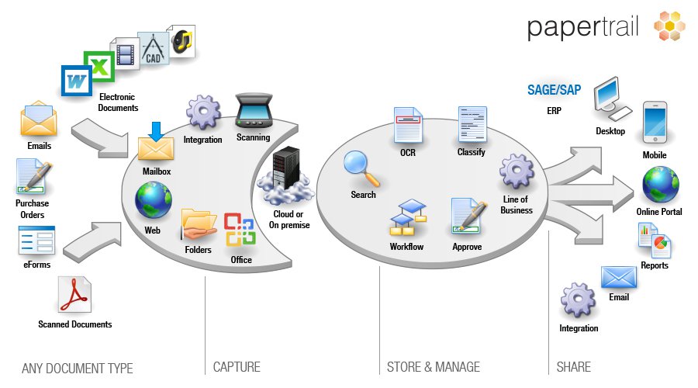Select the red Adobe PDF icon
click(74, 296)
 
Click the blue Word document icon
click(78, 81)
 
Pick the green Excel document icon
click(100, 64)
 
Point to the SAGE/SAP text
click(554, 90)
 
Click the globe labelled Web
click(153, 199)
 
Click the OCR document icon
click(408, 125)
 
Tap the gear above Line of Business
click(517, 172)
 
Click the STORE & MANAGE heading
click(433, 367)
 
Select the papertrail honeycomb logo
click(669, 26)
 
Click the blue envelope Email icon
click(618, 277)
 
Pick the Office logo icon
click(240, 230)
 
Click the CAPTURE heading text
click(237, 367)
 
